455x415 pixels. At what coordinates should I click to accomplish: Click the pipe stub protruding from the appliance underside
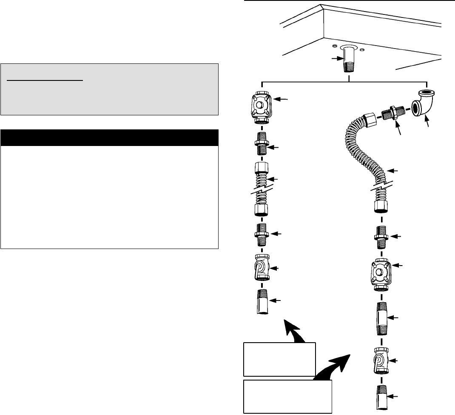pos(349,62)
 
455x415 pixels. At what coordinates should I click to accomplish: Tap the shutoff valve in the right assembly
pos(381,361)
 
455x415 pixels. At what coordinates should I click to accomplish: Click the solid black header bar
pos(109,138)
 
